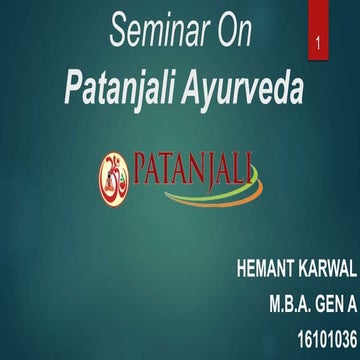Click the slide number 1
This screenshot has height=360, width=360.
[x=317, y=46]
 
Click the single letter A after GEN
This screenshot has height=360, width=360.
[x=348, y=301]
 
